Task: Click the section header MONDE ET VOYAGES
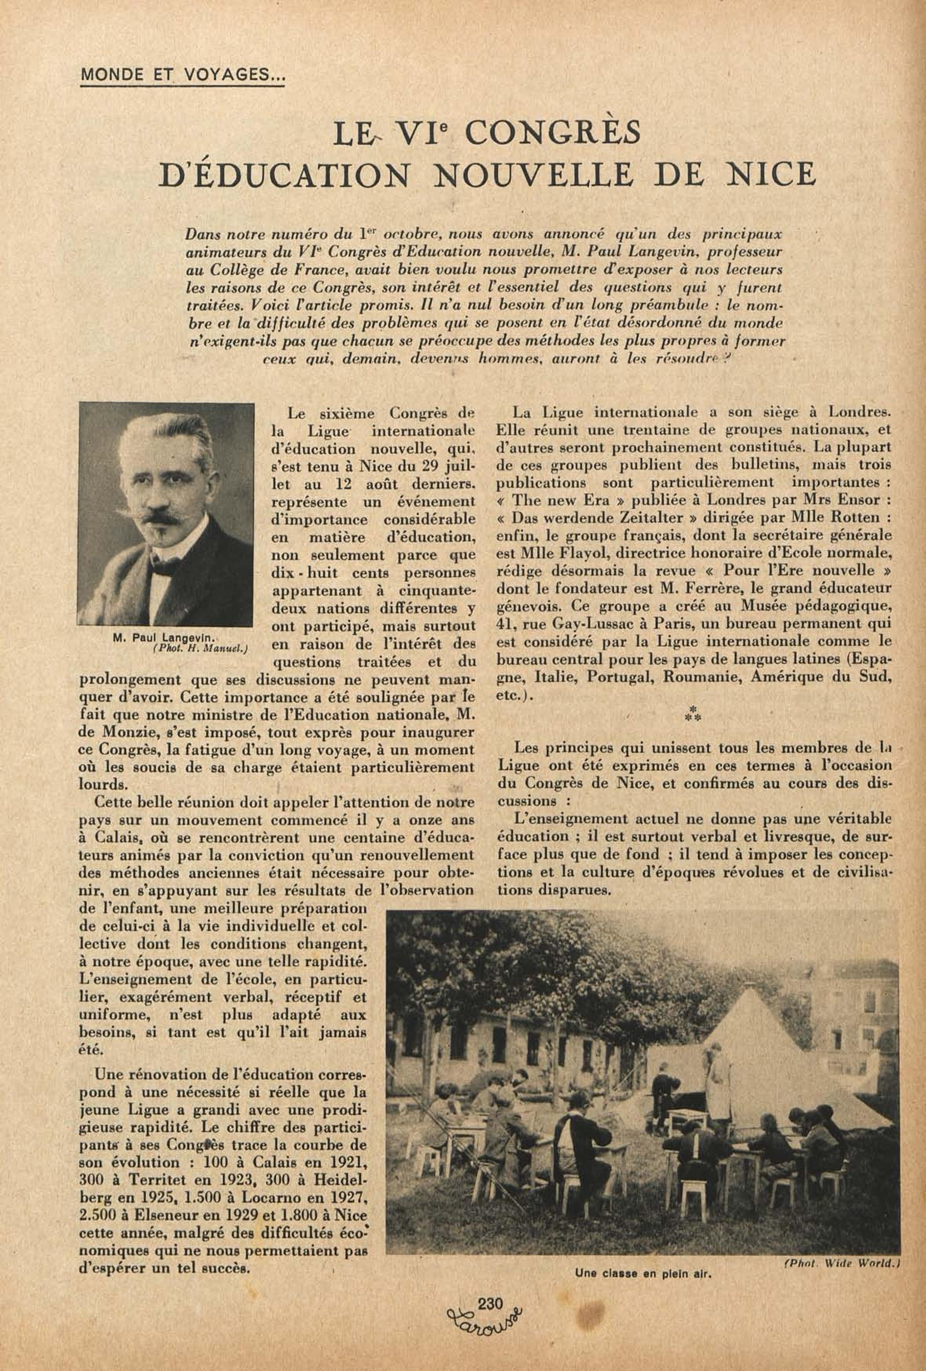(182, 75)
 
